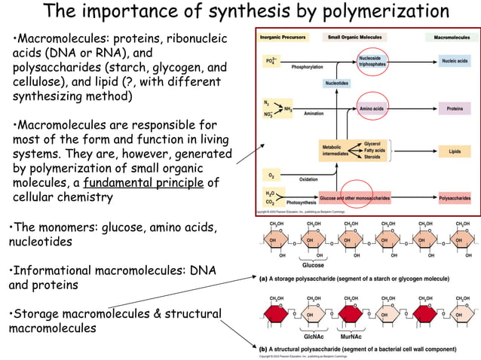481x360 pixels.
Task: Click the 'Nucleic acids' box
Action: pos(455,61)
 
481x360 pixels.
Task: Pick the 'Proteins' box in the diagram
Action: pos(455,109)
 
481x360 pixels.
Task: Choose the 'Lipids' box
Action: pos(455,151)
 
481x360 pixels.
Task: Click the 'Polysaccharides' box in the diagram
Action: pos(455,199)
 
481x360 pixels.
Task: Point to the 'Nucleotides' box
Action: pos(337,83)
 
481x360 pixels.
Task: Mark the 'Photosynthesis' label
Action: pos(302,203)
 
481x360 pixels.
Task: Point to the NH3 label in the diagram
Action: pos(287,108)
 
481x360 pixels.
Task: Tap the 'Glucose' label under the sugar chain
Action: pos(313,265)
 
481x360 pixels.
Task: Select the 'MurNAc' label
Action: pos(351,337)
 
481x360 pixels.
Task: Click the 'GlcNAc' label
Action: pos(313,337)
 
